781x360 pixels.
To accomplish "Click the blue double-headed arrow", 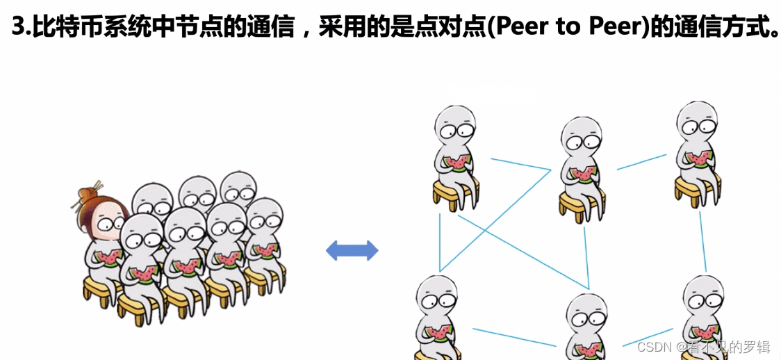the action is coord(352,250).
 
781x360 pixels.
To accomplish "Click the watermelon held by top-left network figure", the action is coord(458,163).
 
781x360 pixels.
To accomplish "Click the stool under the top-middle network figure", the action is coord(581,203).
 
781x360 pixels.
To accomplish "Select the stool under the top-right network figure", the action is coord(697,187).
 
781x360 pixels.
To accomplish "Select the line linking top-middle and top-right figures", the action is coord(641,162).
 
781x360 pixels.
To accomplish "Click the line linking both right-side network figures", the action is coord(702,240).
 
